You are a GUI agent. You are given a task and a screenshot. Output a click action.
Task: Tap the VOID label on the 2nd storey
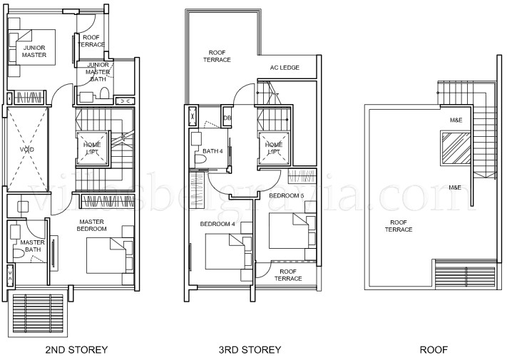(x=26, y=150)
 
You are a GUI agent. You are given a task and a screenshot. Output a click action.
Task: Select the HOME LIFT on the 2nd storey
(x=92, y=148)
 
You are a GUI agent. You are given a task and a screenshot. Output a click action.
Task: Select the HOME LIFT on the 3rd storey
(x=274, y=148)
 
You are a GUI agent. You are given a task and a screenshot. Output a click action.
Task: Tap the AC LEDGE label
(x=284, y=68)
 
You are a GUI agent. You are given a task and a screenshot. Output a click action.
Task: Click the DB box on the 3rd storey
(x=227, y=118)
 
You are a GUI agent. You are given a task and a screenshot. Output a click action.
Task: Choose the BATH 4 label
(x=212, y=151)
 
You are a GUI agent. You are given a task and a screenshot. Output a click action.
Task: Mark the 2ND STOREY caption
(x=76, y=349)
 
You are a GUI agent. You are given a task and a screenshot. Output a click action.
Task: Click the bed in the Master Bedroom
(x=108, y=254)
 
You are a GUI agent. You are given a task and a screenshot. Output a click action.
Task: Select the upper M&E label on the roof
(x=454, y=120)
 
